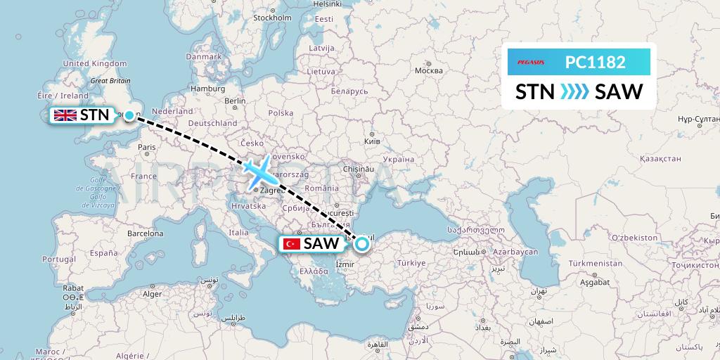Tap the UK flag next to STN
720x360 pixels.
(65, 115)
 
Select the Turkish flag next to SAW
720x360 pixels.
(291, 244)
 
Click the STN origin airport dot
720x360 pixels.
(129, 115)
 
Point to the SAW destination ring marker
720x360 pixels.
(361, 244)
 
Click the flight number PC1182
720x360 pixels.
(595, 62)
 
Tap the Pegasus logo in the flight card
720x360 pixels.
(532, 63)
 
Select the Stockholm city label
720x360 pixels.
(272, 18)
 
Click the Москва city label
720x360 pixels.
(428, 70)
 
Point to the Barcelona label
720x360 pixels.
(145, 232)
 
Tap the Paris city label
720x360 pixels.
(146, 147)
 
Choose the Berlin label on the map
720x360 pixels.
(235, 101)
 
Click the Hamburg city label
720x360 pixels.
(207, 89)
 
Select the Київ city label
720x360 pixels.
(373, 141)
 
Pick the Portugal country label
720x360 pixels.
(58, 259)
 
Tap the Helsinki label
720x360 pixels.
(328, 4)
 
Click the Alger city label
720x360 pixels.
(153, 294)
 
